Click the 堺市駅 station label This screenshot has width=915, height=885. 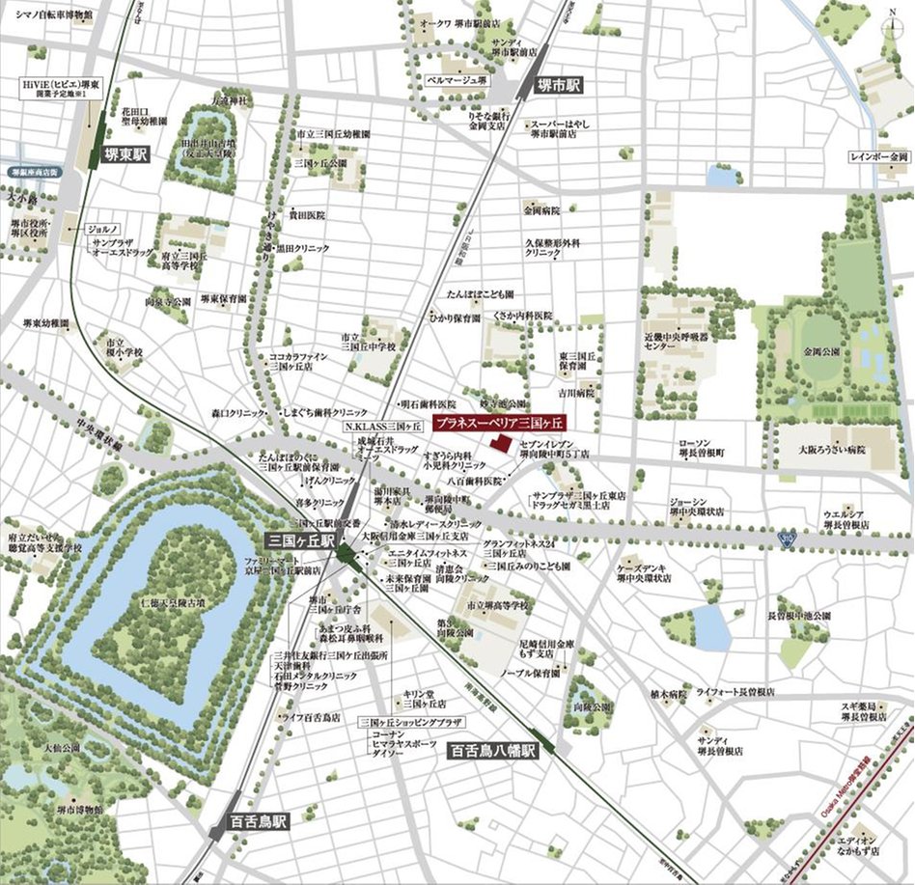[558, 85]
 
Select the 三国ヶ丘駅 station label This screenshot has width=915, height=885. [300, 542]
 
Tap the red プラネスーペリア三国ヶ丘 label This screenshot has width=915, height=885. [499, 423]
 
